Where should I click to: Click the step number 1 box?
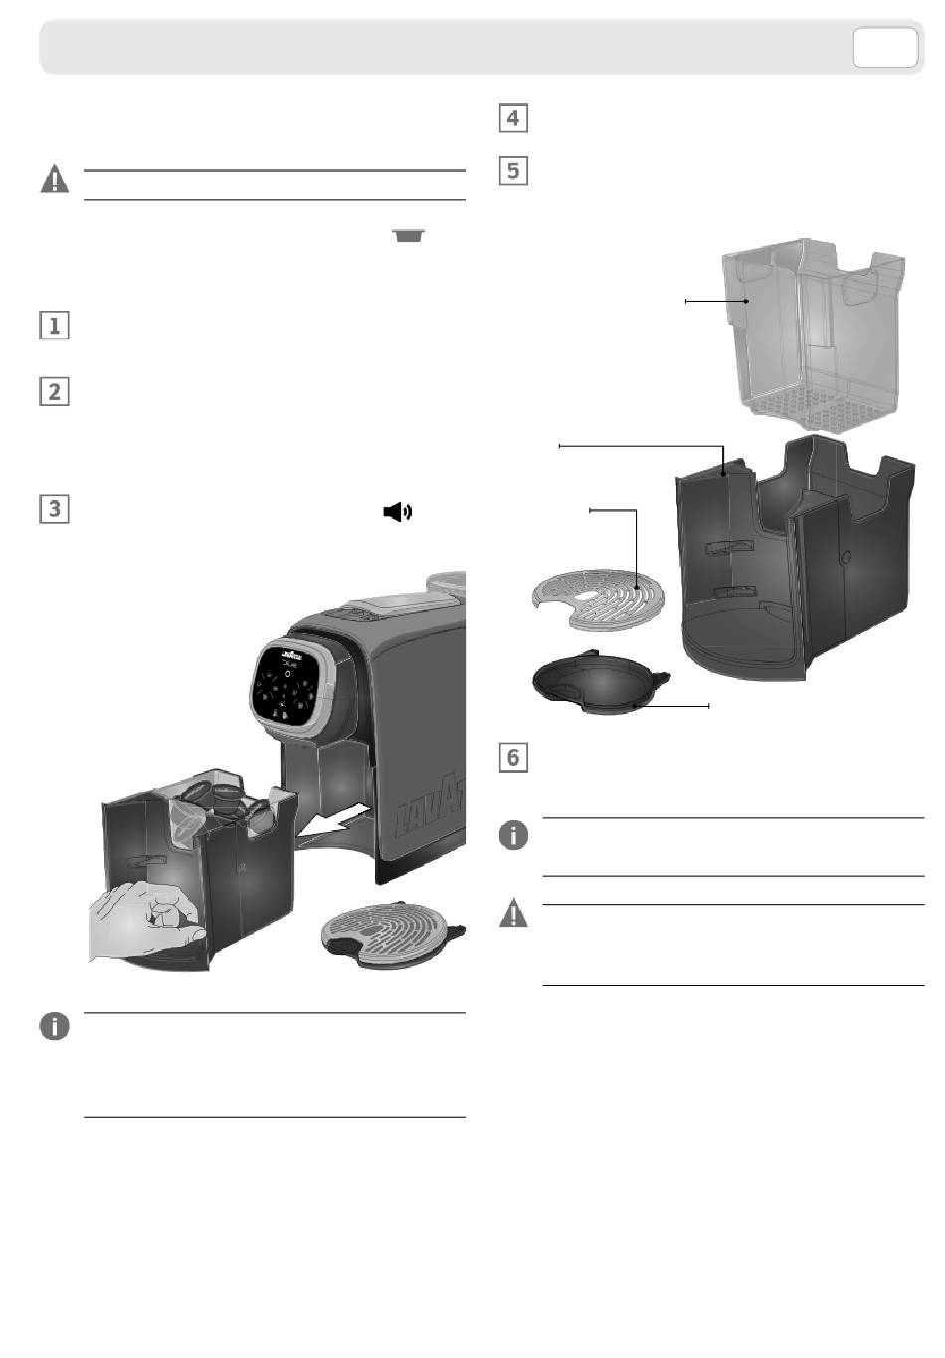[x=54, y=326]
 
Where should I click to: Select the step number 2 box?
[x=54, y=392]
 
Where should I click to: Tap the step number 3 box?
[x=54, y=509]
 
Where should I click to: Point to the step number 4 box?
[x=512, y=118]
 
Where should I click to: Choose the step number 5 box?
[x=512, y=170]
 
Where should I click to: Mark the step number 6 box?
[x=512, y=757]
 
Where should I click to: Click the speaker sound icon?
[x=397, y=512]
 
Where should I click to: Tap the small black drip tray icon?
[x=408, y=235]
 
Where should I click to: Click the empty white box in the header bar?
[x=884, y=47]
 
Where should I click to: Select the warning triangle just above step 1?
[x=54, y=180]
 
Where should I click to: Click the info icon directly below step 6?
[x=512, y=836]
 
